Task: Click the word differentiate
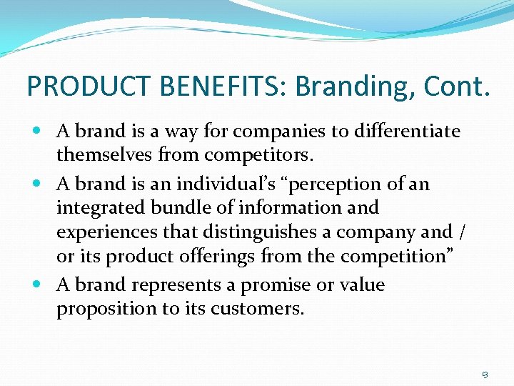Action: coord(408,132)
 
